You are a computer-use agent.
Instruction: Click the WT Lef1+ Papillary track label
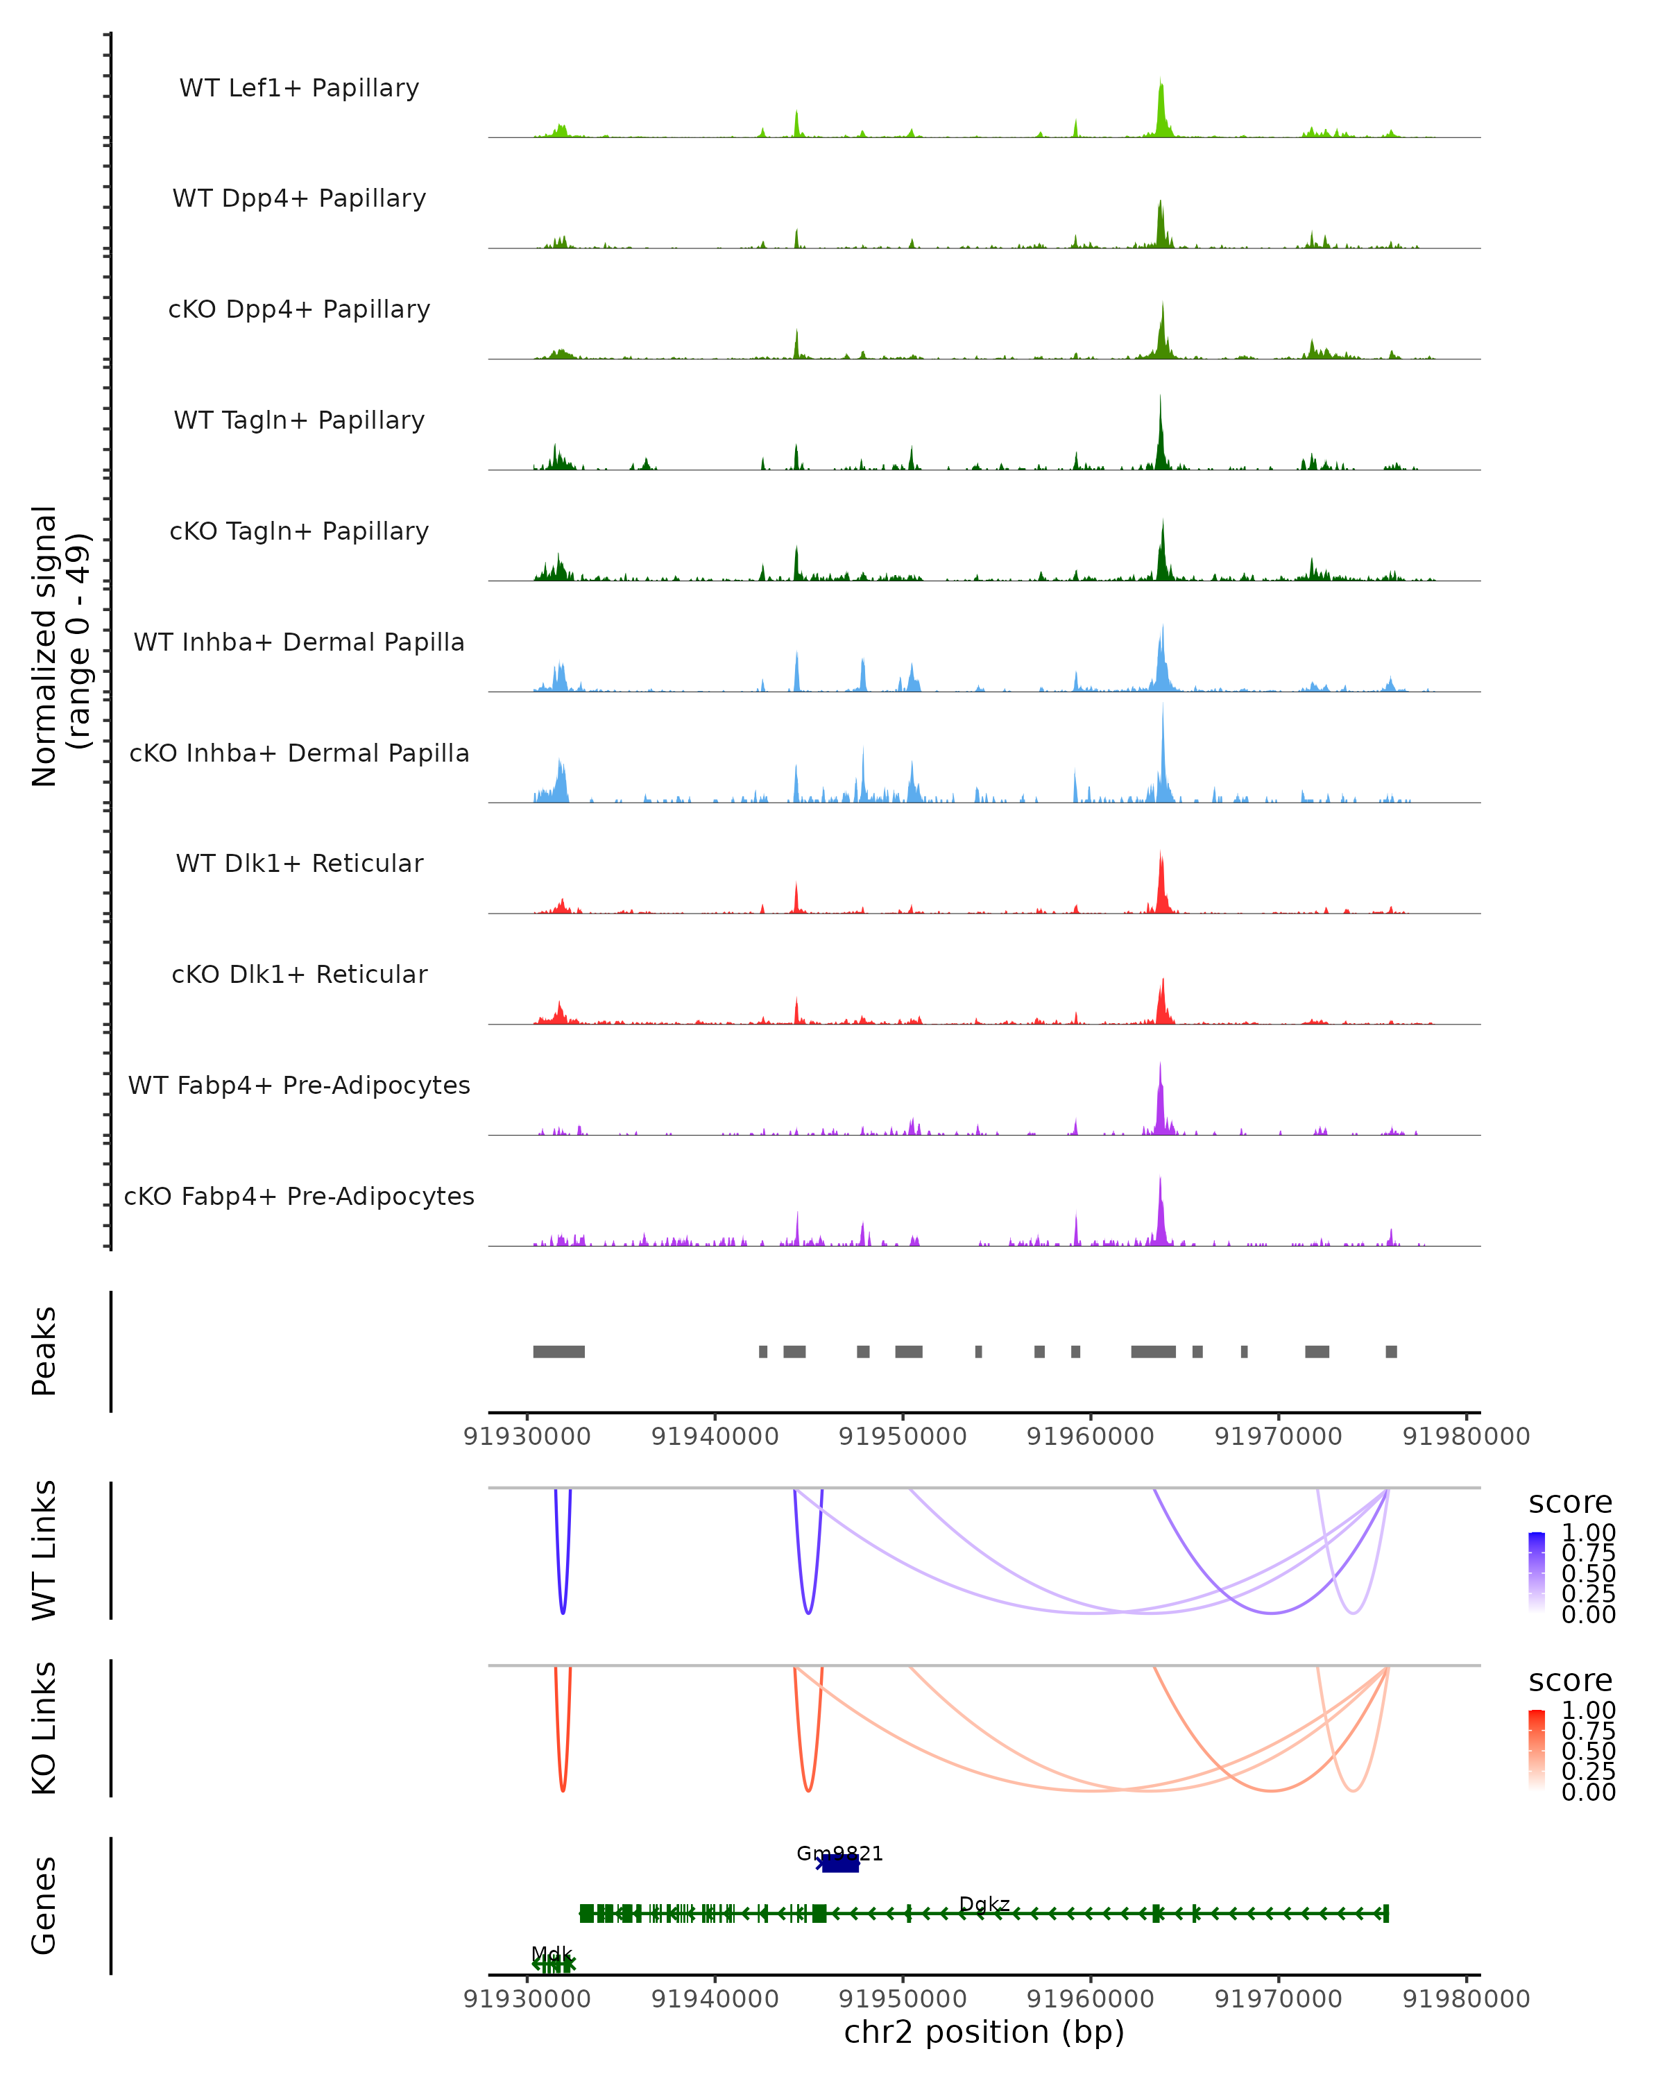[299, 88]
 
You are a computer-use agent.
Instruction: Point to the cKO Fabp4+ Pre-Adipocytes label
[299, 1196]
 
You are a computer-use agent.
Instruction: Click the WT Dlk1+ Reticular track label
[299, 863]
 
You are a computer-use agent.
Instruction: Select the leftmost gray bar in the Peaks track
[559, 1351]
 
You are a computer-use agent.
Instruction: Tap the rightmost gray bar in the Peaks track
[1391, 1351]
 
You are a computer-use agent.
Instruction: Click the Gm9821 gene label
[839, 1853]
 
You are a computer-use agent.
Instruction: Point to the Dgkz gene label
[984, 1904]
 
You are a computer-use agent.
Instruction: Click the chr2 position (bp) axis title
[984, 2032]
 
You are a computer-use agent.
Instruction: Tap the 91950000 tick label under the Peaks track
[903, 1437]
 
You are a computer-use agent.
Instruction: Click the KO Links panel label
[44, 1728]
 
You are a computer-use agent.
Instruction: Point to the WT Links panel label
[44, 1550]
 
